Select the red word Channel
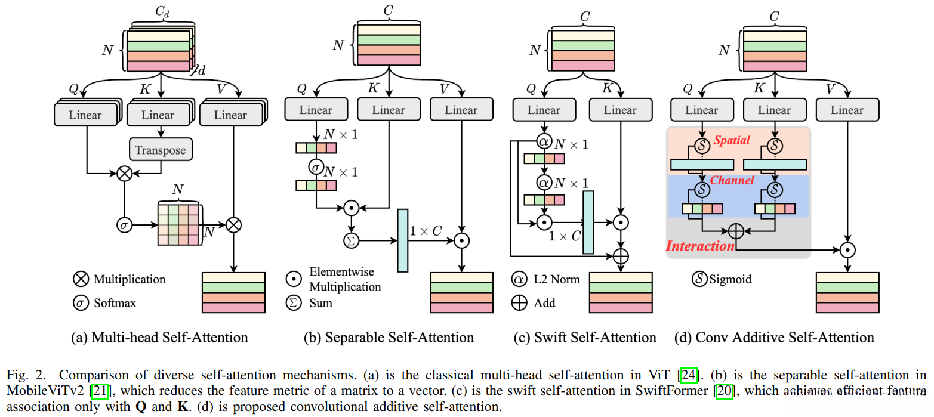click(x=732, y=180)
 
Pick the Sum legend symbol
click(x=292, y=303)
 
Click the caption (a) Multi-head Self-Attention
click(x=159, y=338)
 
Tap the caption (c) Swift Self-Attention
click(x=585, y=338)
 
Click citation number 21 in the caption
click(x=96, y=390)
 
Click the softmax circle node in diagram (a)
click(x=124, y=226)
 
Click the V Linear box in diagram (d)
click(x=847, y=110)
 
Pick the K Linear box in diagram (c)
click(x=620, y=110)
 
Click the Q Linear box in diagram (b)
click(x=316, y=110)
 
